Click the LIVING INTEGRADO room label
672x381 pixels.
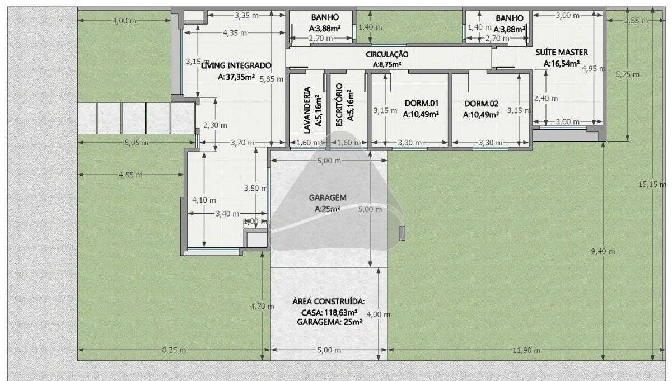click(x=236, y=65)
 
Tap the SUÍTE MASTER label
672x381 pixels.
click(x=562, y=53)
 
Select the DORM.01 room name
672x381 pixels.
click(x=422, y=103)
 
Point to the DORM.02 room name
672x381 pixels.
click(x=481, y=104)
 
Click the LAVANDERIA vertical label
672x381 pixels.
click(x=307, y=110)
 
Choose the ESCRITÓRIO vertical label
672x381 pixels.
click(x=339, y=105)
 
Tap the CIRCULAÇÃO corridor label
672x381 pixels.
click(x=387, y=54)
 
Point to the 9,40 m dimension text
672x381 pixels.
click(x=603, y=252)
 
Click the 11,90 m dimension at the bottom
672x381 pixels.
click(x=526, y=350)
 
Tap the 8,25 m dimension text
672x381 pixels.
click(x=174, y=350)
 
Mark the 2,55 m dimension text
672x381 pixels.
click(x=636, y=21)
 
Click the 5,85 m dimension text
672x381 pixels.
click(x=272, y=79)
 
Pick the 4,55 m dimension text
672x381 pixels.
click(x=130, y=175)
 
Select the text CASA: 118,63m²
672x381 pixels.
click(x=329, y=313)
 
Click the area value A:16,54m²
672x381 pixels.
click(x=562, y=64)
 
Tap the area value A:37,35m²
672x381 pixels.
click(x=236, y=77)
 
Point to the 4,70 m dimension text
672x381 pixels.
click(x=262, y=307)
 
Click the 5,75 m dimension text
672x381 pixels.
click(x=628, y=74)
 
